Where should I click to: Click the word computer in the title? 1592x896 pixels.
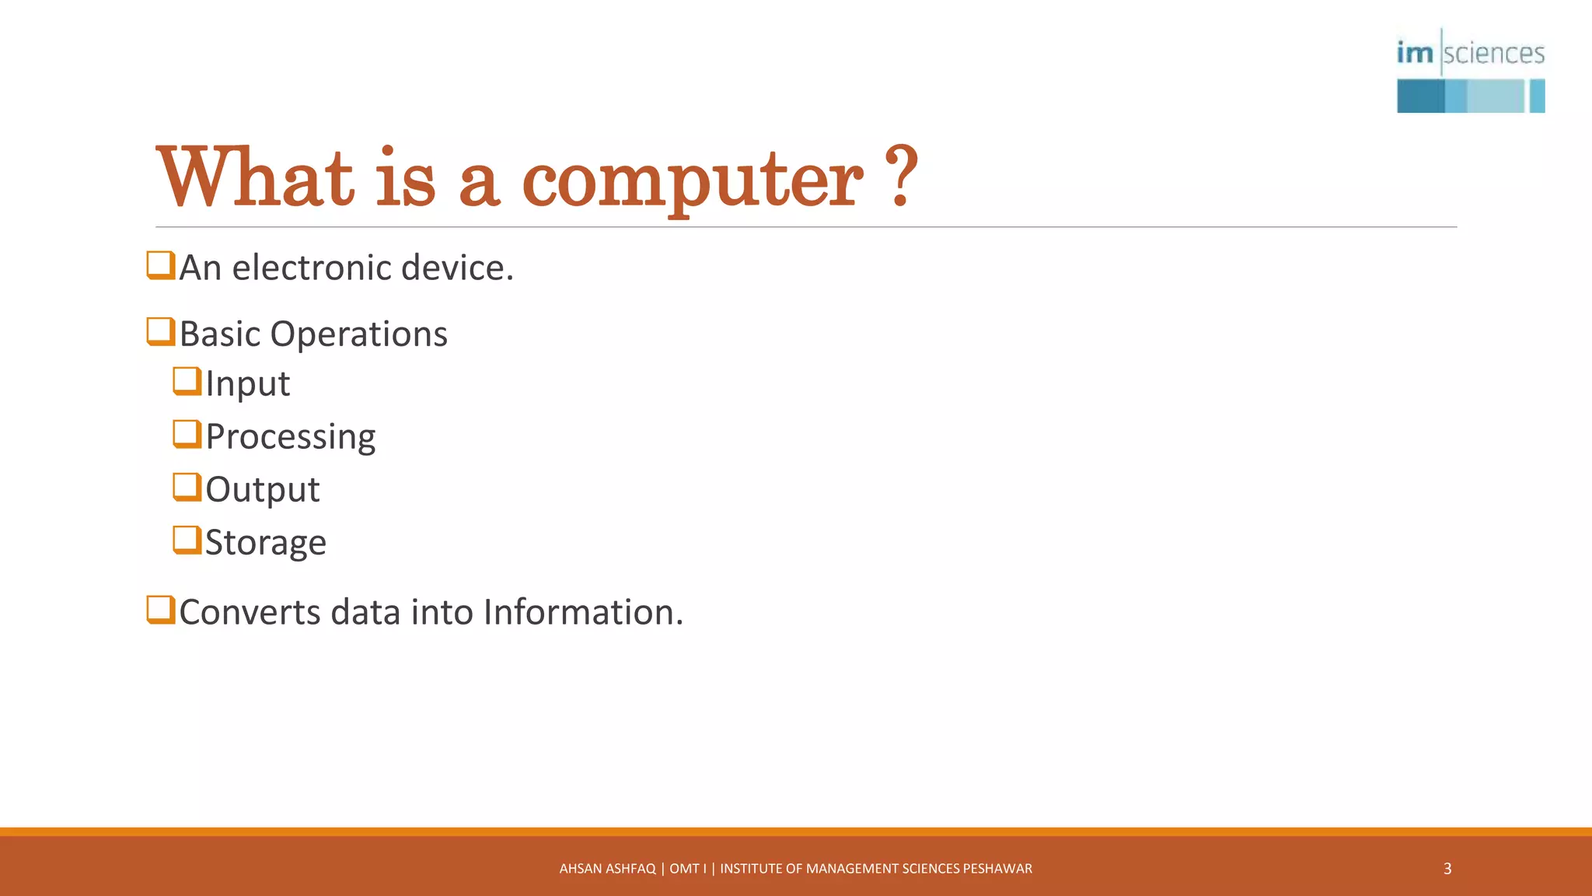pyautogui.click(x=692, y=180)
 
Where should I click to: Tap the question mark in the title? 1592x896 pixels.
pyautogui.click(x=902, y=177)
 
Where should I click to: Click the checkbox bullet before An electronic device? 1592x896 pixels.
pyautogui.click(x=160, y=265)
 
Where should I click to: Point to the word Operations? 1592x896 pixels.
pyautogui.click(x=358, y=334)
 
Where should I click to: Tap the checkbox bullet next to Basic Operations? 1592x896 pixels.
pyautogui.click(x=160, y=331)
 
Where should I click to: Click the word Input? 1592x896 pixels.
pyautogui.click(x=247, y=383)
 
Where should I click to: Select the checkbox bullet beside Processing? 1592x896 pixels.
pyautogui.click(x=187, y=434)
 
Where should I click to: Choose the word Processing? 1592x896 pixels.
pyautogui.click(x=291, y=436)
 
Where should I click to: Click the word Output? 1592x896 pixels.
pyautogui.click(x=262, y=489)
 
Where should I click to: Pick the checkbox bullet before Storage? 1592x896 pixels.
pyautogui.click(x=187, y=540)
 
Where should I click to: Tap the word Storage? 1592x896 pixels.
pyautogui.click(x=265, y=542)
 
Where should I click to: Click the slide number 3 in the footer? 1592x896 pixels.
pyautogui.click(x=1447, y=869)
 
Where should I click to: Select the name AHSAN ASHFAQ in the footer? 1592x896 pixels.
pyautogui.click(x=607, y=869)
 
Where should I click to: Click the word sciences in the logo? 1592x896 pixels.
pyautogui.click(x=1493, y=54)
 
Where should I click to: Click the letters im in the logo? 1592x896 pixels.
pyautogui.click(x=1415, y=53)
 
